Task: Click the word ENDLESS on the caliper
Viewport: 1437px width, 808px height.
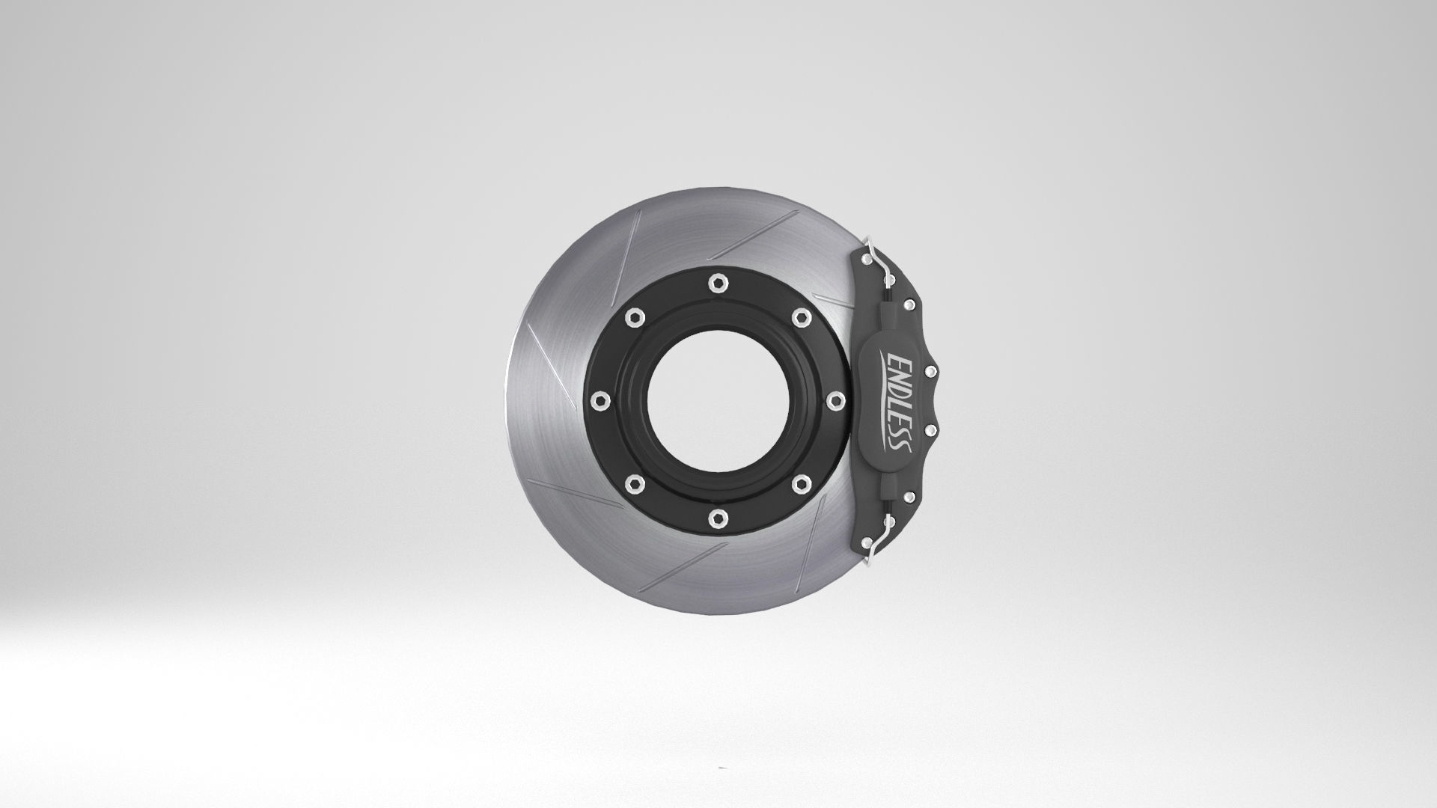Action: (x=897, y=403)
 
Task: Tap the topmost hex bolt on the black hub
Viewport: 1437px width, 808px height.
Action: (x=717, y=282)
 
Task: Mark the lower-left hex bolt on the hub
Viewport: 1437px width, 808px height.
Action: (x=633, y=483)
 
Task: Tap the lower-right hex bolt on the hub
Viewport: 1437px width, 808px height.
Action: (x=801, y=483)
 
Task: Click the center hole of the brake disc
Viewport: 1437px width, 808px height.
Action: (x=717, y=399)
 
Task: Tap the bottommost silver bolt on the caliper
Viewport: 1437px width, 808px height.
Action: (x=866, y=542)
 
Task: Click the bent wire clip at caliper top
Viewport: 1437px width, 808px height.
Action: (x=880, y=262)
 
